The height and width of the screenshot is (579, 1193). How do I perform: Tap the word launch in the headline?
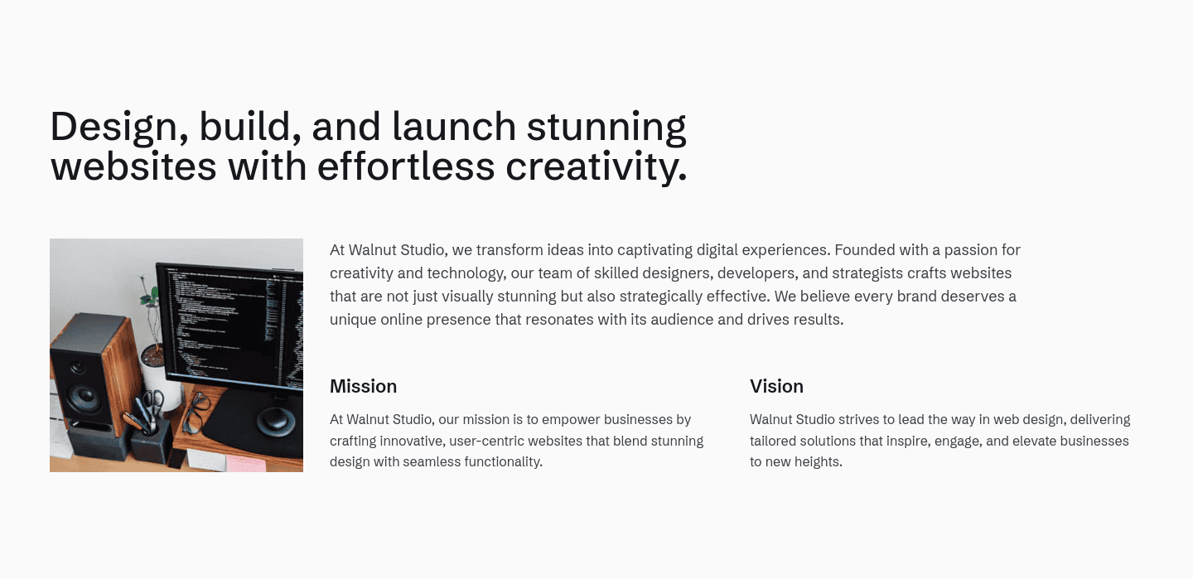point(454,126)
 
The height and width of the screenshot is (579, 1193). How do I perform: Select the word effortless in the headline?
point(406,166)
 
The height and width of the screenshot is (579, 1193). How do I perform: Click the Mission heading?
point(363,386)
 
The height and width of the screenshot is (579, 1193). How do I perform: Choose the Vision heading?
point(776,386)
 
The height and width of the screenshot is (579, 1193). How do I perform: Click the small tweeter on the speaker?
point(78,367)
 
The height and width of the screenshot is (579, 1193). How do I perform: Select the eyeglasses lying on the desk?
point(194,411)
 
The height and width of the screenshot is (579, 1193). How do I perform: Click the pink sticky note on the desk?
point(246,463)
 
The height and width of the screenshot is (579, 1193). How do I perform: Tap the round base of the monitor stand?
point(276,421)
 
